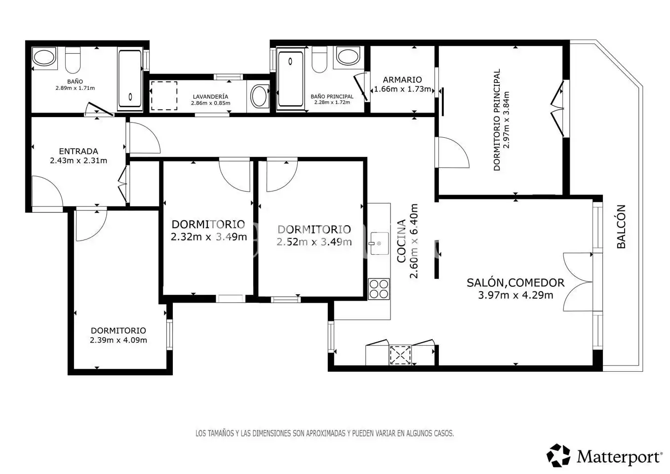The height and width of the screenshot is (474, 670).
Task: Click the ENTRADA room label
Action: click(79, 151)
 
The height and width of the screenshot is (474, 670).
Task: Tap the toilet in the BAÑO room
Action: click(73, 60)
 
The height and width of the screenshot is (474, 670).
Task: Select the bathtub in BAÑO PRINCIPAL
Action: click(290, 79)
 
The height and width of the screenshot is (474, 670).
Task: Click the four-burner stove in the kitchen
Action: click(379, 289)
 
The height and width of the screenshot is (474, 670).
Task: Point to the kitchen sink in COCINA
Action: click(379, 243)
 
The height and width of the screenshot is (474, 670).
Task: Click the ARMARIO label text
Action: click(402, 80)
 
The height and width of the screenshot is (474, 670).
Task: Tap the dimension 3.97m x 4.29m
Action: click(515, 295)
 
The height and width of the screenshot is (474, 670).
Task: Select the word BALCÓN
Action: click(621, 227)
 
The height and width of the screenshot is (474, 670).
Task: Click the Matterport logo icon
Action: click(558, 455)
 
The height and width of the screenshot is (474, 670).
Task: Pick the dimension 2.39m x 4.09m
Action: click(118, 340)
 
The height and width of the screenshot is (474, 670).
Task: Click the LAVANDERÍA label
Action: click(210, 97)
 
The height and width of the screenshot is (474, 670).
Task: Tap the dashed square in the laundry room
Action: click(164, 96)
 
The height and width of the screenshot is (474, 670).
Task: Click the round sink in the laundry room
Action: click(259, 96)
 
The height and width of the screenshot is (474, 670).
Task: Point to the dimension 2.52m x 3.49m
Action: click(314, 242)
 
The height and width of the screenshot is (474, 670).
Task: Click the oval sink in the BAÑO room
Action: click(44, 57)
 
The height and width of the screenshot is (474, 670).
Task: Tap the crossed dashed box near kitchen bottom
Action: click(400, 355)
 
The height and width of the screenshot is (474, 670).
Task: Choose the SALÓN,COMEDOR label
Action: click(515, 282)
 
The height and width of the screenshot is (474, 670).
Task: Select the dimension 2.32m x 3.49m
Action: click(209, 237)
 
